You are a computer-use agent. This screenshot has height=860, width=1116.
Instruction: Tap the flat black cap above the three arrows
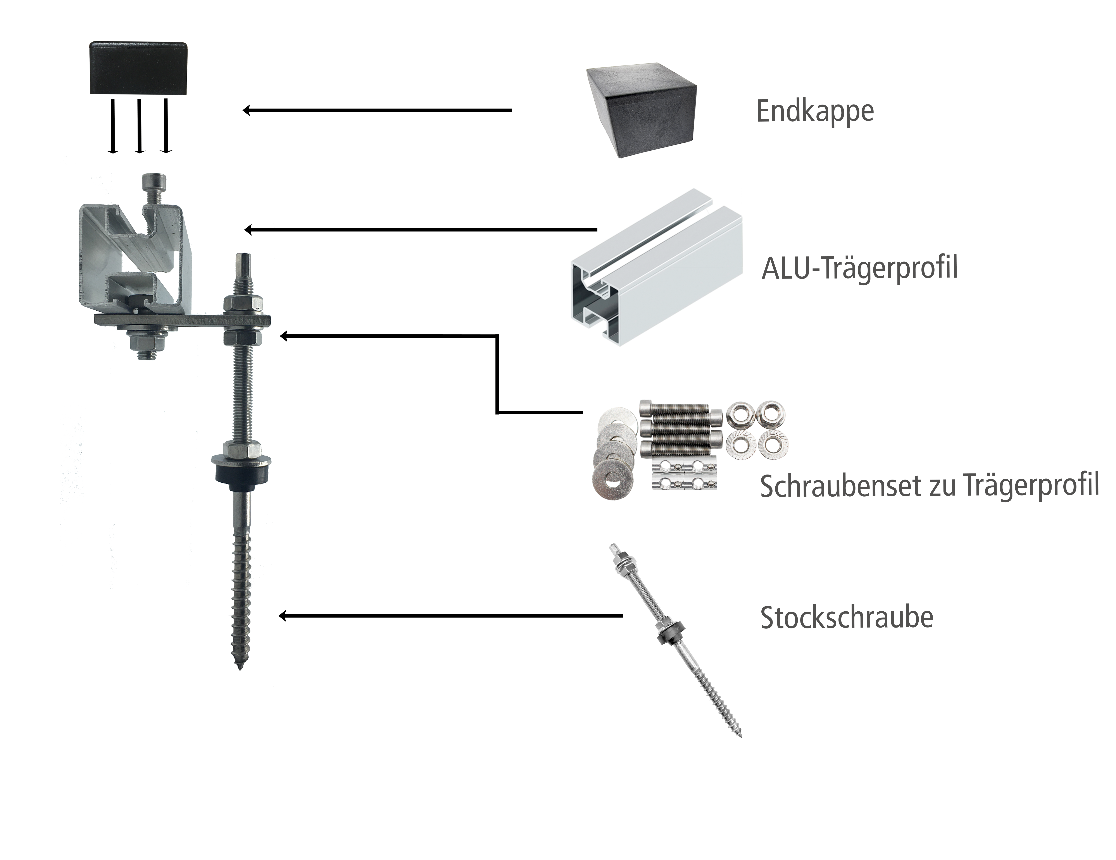138,68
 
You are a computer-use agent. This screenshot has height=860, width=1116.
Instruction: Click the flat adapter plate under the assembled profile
182,321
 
